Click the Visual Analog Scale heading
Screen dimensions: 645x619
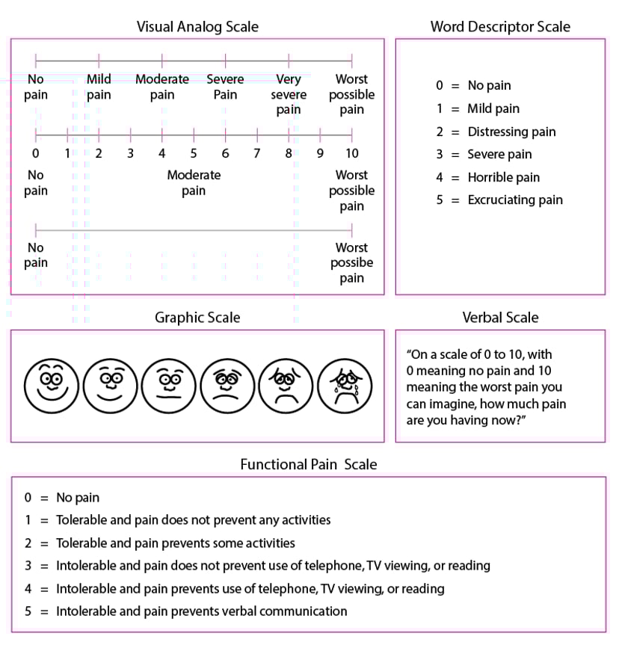pos(197,27)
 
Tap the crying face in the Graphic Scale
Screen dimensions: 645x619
pos(345,385)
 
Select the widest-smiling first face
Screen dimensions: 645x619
pos(51,385)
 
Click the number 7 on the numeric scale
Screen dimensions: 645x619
pos(256,153)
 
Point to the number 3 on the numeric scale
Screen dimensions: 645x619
pos(130,153)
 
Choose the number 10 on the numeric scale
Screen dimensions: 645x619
pos(351,153)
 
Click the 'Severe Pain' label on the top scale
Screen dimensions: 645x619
pos(225,87)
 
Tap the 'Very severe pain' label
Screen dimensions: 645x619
pos(289,94)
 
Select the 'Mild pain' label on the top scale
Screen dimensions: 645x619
pos(99,87)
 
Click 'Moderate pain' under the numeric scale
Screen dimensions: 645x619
pos(194,182)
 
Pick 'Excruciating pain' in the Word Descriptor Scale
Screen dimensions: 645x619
pos(515,200)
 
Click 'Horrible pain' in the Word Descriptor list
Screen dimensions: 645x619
pos(503,178)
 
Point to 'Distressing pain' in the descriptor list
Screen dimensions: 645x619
pos(511,132)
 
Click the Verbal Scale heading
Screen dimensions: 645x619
pos(500,318)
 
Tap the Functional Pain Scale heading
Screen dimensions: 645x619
pos(308,465)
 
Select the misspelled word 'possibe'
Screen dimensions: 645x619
pos(351,263)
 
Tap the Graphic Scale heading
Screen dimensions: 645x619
pos(197,318)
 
